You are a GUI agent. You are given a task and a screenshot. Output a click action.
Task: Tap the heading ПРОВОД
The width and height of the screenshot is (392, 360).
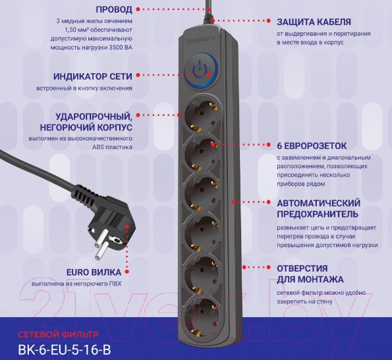coord(114,9)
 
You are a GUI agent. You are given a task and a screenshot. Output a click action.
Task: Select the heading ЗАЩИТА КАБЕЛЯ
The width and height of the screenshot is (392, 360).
coord(314,22)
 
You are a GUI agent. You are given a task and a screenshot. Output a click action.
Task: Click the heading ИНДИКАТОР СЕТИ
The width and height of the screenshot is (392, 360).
coord(93,76)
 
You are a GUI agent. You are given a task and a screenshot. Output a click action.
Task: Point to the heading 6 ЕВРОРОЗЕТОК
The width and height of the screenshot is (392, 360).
coord(312,146)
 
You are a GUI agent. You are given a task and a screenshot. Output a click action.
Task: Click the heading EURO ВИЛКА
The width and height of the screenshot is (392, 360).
coord(94,272)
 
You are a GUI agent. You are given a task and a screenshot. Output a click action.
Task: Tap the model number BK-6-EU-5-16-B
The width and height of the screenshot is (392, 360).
coord(65,349)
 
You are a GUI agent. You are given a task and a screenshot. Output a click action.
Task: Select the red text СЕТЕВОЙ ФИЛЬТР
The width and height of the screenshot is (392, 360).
coord(59,334)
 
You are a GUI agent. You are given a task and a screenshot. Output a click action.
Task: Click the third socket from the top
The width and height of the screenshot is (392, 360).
coord(201,193)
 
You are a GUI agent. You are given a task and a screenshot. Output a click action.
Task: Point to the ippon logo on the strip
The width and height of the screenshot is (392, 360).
coord(200,40)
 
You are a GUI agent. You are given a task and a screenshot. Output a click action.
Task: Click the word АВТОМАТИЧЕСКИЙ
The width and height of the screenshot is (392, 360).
coord(318,203)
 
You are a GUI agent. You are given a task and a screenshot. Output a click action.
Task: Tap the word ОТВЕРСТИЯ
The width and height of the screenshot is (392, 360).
coord(302,268)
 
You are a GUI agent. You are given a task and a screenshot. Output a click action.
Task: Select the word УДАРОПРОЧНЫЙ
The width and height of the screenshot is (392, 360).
coord(94,117)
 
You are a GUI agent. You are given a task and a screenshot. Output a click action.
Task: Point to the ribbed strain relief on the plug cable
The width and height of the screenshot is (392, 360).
coord(84,195)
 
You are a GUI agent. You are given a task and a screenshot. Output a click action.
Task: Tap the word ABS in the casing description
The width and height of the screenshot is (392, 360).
coord(98,147)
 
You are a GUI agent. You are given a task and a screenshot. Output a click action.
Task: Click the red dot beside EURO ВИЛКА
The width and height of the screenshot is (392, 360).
coord(126,272)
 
